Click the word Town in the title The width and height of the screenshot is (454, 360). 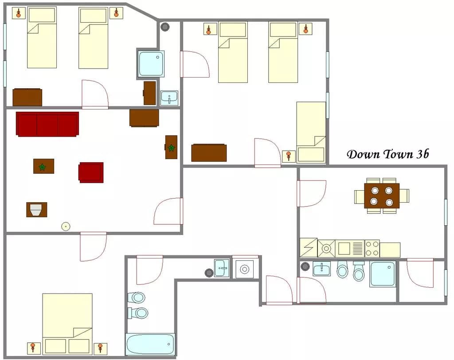(398, 154)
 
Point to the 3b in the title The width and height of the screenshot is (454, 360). (423, 154)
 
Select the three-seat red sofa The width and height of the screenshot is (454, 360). (47, 124)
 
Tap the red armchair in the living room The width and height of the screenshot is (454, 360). (91, 172)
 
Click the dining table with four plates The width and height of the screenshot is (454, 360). (382, 196)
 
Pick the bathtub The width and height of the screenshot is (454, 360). (150, 344)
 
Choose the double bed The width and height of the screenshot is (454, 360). (67, 324)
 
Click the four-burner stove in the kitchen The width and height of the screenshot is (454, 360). (372, 248)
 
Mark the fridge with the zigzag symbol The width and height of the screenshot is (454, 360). (309, 248)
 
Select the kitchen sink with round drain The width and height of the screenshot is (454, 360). (326, 248)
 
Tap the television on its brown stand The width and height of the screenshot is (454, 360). (36, 210)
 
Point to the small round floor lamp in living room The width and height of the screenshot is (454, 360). (66, 227)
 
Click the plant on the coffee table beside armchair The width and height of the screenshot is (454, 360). (43, 167)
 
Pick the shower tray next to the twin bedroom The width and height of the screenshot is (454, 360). (151, 64)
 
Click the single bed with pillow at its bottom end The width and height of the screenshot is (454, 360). (311, 132)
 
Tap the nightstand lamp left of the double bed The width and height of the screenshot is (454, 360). (32, 348)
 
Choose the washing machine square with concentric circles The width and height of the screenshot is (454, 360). (245, 270)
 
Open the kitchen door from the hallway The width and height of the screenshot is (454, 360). (311, 193)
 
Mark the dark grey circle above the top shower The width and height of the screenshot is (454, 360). (165, 27)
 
